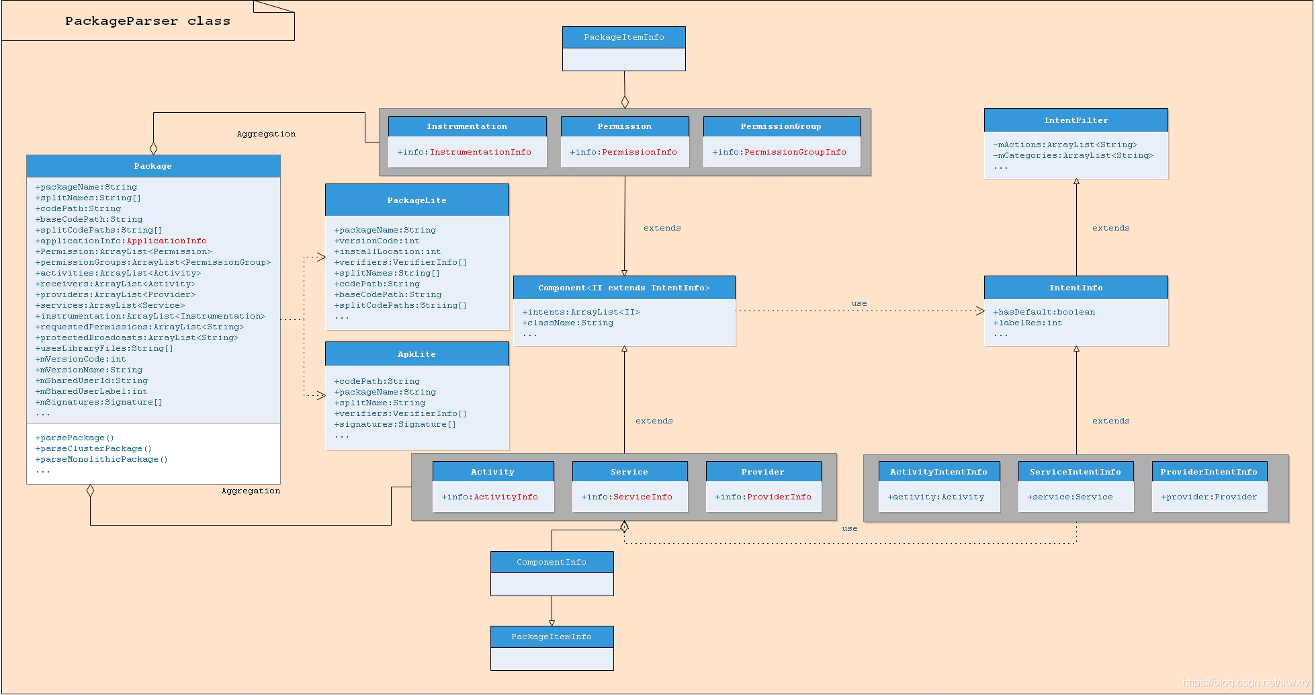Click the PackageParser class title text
148,22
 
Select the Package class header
153,166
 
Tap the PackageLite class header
416,200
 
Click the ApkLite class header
416,354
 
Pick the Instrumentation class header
467,126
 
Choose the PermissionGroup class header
781,126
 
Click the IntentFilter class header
1076,120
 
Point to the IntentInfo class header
1076,288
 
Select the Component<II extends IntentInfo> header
623,288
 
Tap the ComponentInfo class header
552,562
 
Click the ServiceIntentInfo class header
1075,472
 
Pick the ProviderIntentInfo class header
1209,472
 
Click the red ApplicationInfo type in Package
167,241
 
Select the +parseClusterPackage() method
93,448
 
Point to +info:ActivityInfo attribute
490,497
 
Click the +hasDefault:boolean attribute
1044,312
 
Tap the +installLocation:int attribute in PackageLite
388,251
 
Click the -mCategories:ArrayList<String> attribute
1073,155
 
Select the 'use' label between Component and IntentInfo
859,303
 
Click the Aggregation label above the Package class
266,134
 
